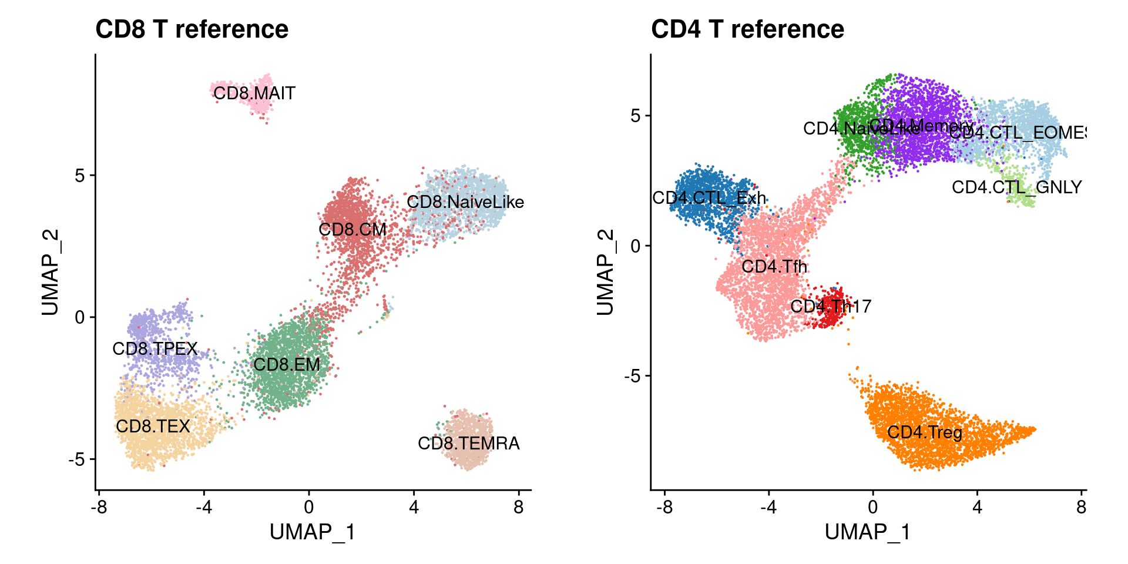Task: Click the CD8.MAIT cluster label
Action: pyautogui.click(x=254, y=93)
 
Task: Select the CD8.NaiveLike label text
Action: pyautogui.click(x=465, y=202)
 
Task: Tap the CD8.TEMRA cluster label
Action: pyautogui.click(x=468, y=444)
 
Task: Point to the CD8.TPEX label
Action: pyautogui.click(x=155, y=349)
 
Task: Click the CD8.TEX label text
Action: pyautogui.click(x=153, y=427)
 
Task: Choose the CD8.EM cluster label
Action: pyautogui.click(x=287, y=365)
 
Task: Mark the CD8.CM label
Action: pyautogui.click(x=352, y=230)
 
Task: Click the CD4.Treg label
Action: pyautogui.click(x=924, y=433)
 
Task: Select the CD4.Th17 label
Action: pyautogui.click(x=830, y=307)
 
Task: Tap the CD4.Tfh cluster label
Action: pyautogui.click(x=774, y=267)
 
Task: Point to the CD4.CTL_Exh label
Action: pyautogui.click(x=709, y=199)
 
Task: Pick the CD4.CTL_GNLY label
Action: pyautogui.click(x=1016, y=187)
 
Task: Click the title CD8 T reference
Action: pyautogui.click(x=192, y=29)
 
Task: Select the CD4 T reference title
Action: pyautogui.click(x=747, y=29)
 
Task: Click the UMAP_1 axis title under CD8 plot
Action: pyautogui.click(x=313, y=532)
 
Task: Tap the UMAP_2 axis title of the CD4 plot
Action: pyautogui.click(x=605, y=272)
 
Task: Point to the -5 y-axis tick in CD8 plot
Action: pyautogui.click(x=76, y=459)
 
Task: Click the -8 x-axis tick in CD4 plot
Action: pyautogui.click(x=664, y=507)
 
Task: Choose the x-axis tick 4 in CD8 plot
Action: pyautogui.click(x=414, y=507)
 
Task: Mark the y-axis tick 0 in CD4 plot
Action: pyautogui.click(x=636, y=246)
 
